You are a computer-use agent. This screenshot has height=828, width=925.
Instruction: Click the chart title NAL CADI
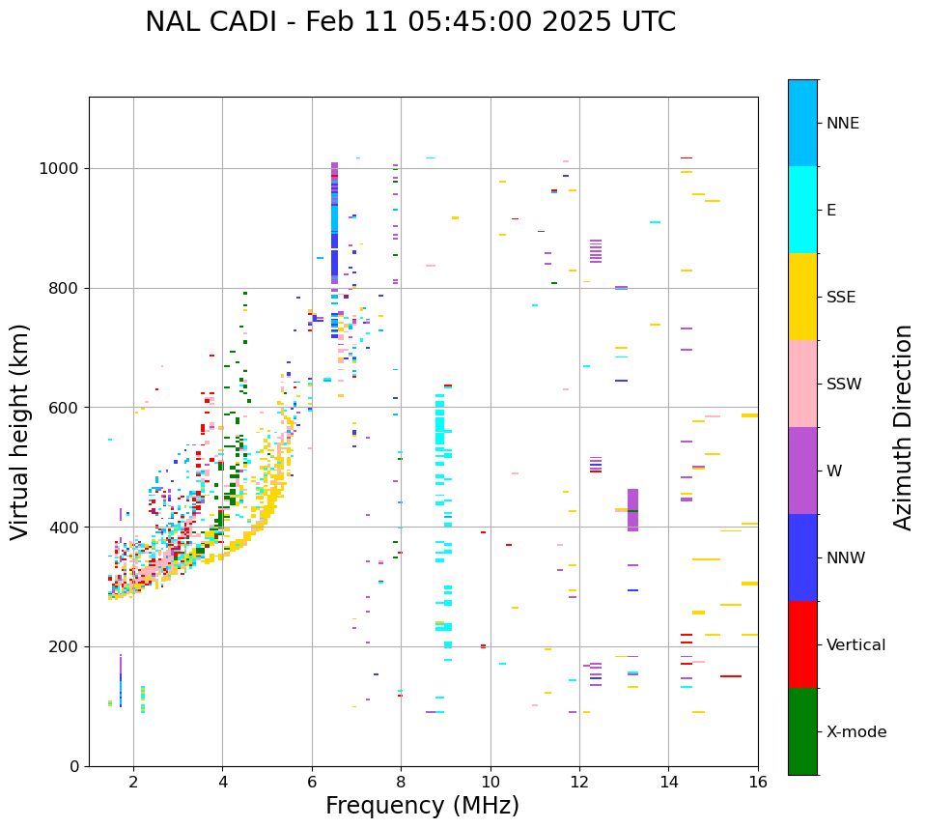(207, 22)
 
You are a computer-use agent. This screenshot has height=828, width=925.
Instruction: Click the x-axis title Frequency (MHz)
(422, 806)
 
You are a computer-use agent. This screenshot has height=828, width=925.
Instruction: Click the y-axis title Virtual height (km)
(20, 431)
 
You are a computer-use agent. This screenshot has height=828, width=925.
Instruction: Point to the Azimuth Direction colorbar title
(903, 427)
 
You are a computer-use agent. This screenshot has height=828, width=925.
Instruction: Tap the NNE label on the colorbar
(842, 124)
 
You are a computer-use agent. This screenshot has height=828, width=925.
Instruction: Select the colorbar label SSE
(840, 298)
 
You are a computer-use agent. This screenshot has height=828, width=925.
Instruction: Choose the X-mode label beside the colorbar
(855, 732)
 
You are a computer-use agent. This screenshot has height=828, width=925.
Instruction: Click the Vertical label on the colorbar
(855, 645)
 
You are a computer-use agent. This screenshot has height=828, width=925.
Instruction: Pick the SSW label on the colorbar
(843, 385)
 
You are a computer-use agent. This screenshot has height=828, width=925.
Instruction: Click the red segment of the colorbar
(802, 644)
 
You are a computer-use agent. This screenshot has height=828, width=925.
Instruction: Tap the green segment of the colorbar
(802, 731)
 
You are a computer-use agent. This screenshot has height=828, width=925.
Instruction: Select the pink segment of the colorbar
(802, 384)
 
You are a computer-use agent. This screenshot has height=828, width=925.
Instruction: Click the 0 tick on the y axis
(75, 766)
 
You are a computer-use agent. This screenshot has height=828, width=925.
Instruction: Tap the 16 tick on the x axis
(758, 782)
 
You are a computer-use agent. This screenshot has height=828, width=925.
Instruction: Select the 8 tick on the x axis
(401, 782)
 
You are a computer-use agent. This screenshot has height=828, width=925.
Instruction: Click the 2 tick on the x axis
(133, 782)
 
